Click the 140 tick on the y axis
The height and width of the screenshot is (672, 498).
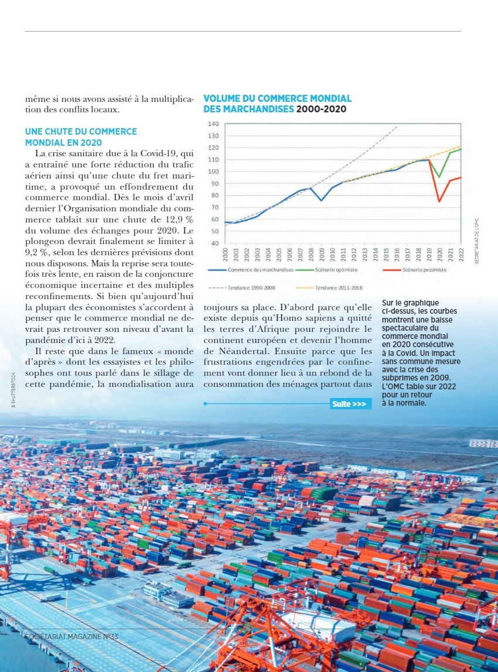(213, 124)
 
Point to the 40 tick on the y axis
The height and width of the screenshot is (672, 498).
(215, 243)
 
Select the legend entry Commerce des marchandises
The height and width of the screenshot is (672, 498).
(257, 270)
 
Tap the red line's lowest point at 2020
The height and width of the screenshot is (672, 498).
(439, 202)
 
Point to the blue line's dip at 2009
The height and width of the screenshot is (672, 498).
(321, 201)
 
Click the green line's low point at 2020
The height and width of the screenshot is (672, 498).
(439, 177)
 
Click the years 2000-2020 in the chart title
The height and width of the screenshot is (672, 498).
(322, 109)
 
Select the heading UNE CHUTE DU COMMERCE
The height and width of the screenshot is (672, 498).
(81, 132)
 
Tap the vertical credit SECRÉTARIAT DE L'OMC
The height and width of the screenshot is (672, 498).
(477, 241)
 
